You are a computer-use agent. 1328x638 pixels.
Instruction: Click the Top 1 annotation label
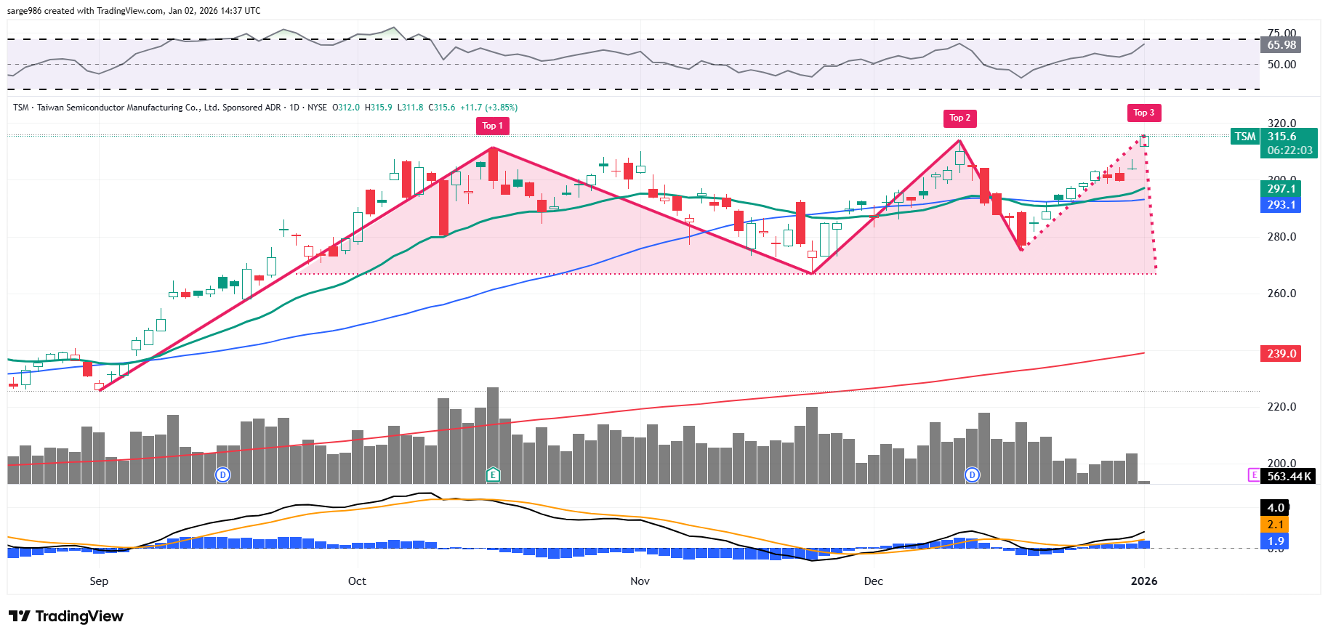pos(492,126)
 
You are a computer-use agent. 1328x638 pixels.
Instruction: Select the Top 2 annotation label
pos(959,118)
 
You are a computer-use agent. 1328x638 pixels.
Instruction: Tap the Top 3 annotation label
pos(1143,113)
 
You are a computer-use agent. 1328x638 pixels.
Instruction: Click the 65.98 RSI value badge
pos(1281,45)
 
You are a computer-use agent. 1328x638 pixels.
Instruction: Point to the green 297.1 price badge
pos(1281,189)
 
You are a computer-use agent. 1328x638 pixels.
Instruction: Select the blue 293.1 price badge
pos(1281,205)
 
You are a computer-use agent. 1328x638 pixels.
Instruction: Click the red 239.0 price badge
pos(1281,354)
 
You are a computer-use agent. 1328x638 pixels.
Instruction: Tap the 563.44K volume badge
pos(1289,477)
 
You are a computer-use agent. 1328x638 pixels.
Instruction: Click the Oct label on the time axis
pos(357,581)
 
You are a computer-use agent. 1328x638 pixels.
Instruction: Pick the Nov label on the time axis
pos(640,581)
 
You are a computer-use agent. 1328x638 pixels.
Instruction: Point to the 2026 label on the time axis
pos(1144,581)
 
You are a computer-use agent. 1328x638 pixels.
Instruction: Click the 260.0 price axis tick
pos(1281,294)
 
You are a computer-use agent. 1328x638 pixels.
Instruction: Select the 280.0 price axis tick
pos(1281,237)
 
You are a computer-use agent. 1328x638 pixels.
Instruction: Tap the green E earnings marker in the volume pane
pos(493,475)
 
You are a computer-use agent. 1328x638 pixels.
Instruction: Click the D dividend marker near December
pos(972,475)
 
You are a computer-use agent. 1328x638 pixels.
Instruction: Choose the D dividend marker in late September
pos(223,475)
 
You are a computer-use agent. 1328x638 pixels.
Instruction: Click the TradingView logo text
pos(79,617)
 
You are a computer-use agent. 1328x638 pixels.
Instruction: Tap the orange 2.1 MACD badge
pos(1275,525)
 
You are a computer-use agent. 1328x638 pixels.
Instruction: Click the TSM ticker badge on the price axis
pos(1245,137)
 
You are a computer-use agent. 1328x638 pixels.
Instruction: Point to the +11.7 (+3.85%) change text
pos(488,108)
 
